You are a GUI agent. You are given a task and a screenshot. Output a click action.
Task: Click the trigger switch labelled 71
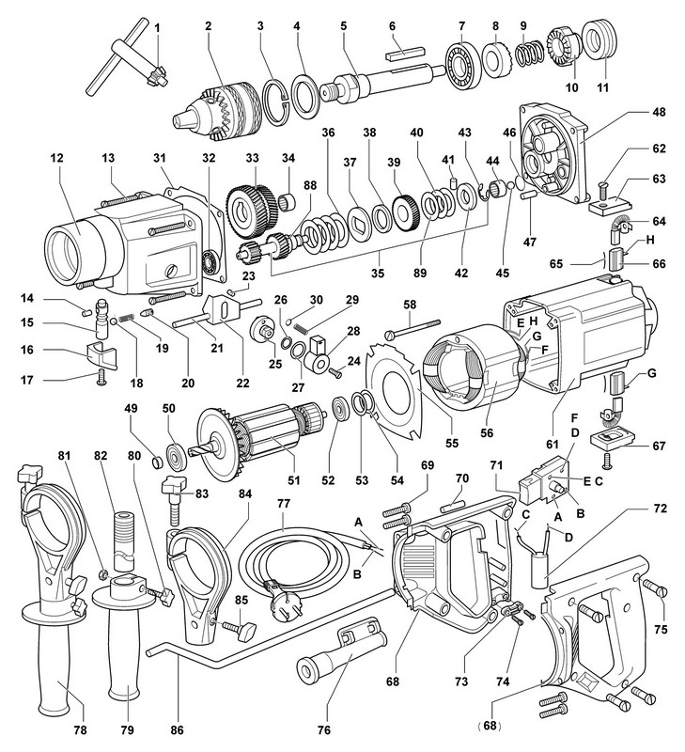coord(542,484)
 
